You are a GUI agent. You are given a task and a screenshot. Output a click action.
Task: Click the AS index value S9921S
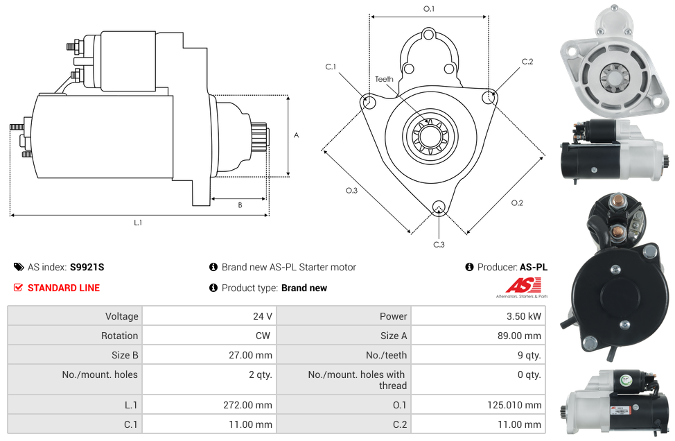[87, 267]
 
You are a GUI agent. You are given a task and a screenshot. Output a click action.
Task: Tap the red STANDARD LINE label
[63, 288]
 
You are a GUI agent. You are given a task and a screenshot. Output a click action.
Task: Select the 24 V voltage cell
[262, 316]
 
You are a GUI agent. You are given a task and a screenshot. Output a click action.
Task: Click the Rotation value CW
[263, 336]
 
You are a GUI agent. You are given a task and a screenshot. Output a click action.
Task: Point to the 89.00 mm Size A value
[523, 336]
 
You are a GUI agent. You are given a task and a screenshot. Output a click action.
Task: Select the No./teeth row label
[387, 355]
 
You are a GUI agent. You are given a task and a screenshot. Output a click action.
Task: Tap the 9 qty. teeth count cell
[528, 355]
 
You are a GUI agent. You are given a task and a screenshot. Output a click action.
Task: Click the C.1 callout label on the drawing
[331, 67]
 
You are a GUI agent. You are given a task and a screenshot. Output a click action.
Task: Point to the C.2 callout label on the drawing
[527, 62]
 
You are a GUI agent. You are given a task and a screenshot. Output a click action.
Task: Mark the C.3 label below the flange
[439, 244]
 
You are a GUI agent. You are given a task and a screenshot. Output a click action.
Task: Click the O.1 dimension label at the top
[429, 9]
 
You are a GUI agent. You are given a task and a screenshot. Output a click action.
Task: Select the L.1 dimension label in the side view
[138, 223]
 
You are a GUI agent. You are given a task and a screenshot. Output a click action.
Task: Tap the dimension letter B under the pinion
[240, 205]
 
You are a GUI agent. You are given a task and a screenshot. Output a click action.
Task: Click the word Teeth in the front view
[384, 79]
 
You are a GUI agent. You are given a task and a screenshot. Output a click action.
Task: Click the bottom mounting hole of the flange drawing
[438, 207]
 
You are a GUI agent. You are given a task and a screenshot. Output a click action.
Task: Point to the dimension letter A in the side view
[297, 135]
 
